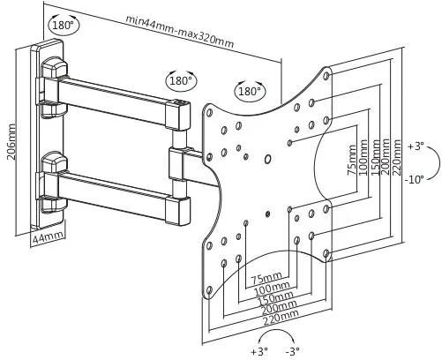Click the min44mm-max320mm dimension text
(180, 32)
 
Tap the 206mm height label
(11, 141)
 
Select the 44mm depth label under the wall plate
(48, 237)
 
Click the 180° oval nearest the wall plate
(64, 26)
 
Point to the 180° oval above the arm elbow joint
(182, 80)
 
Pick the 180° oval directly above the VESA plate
(250, 91)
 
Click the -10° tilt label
(414, 179)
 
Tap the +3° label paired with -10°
(416, 146)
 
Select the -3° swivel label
(293, 351)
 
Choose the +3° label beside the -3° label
(259, 351)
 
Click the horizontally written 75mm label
(266, 278)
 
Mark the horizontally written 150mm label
(275, 297)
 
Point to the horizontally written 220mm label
(280, 317)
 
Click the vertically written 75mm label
(353, 161)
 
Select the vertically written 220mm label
(396, 157)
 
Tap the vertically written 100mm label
(363, 158)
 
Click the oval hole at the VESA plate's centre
(267, 159)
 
